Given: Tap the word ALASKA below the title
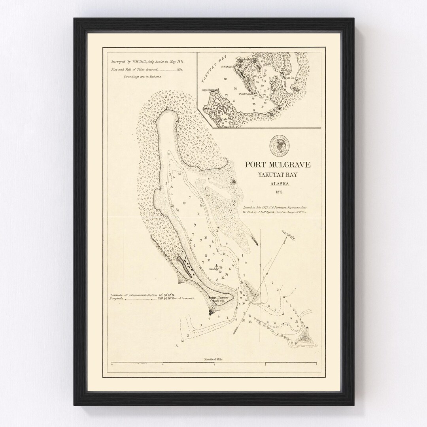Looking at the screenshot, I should [x=277, y=183].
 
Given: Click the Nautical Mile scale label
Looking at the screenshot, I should [x=214, y=359].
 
